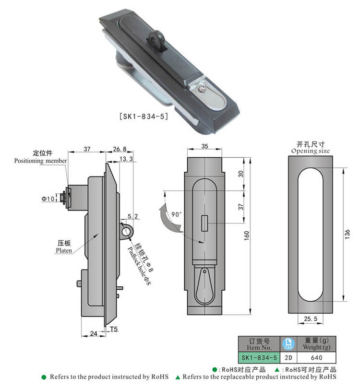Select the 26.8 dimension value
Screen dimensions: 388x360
tap(120, 149)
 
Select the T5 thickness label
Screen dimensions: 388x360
tap(114, 329)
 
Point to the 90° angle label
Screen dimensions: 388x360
tap(177, 213)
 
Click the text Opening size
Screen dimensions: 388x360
tap(311, 151)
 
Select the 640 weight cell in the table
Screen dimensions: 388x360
tap(317, 358)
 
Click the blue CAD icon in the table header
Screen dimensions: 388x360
tap(288, 343)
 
